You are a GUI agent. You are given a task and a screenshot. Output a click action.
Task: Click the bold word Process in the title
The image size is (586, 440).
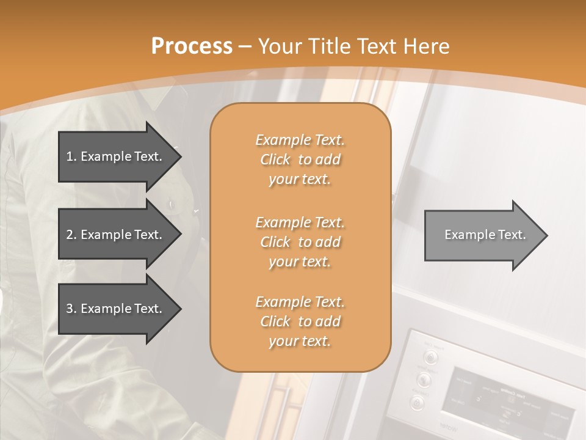[192, 46]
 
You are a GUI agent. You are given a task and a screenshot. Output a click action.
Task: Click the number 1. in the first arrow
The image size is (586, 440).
[71, 156]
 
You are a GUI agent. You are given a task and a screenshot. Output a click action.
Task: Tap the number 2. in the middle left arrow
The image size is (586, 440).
[71, 235]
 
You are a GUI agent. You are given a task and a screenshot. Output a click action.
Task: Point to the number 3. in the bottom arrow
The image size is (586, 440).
[71, 309]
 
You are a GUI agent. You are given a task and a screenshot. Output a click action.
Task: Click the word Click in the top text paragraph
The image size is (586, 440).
[275, 160]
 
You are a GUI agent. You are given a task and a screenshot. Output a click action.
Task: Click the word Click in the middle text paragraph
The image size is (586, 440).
[275, 242]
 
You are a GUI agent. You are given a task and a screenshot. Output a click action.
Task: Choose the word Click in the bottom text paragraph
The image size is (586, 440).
[275, 321]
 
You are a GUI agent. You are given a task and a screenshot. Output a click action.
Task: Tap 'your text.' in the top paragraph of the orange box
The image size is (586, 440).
[300, 180]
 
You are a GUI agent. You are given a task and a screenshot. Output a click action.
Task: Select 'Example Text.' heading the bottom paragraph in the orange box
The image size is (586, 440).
[300, 302]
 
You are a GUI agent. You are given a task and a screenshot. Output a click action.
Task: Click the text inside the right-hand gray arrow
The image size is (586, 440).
[485, 235]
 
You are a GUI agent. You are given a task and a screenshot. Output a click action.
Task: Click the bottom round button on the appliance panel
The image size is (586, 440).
[417, 403]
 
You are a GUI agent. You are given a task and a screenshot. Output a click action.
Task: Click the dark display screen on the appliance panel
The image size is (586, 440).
[507, 397]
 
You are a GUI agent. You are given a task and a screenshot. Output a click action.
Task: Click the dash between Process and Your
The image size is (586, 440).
[245, 46]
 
